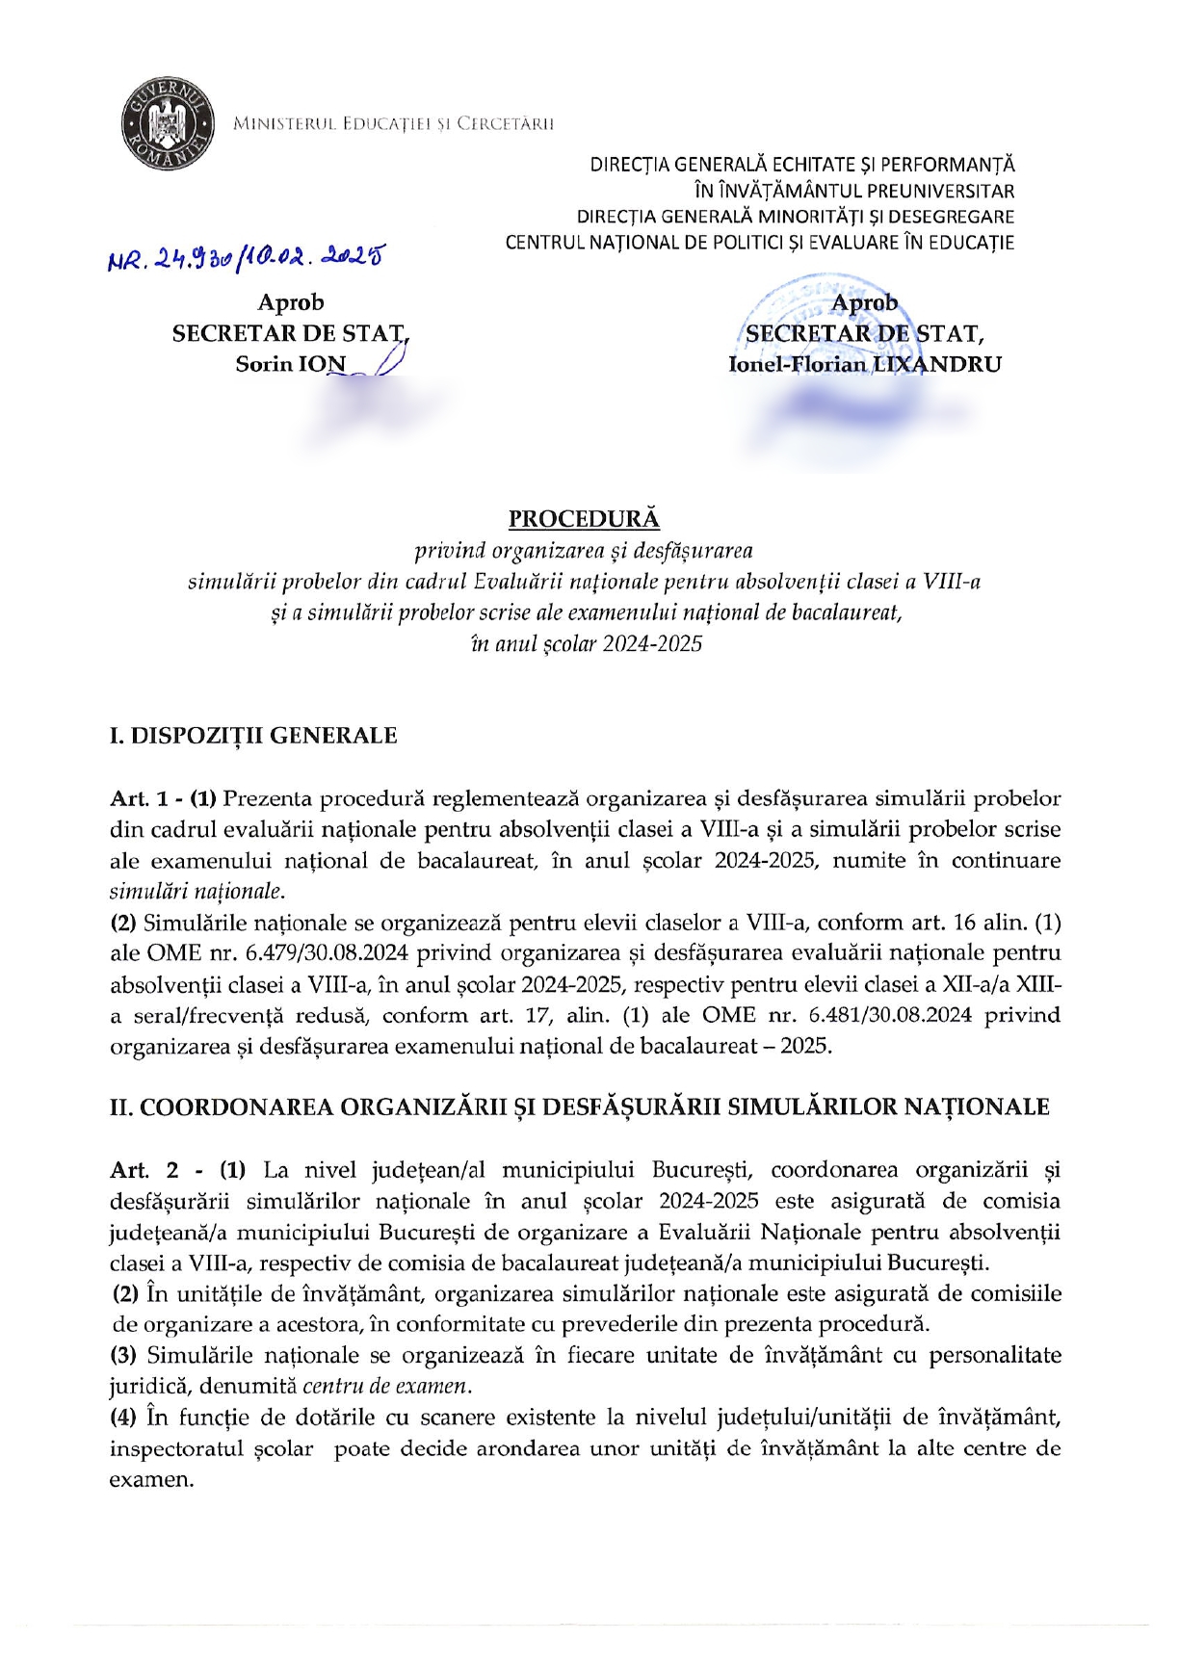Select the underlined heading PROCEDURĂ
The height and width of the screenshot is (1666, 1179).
[584, 519]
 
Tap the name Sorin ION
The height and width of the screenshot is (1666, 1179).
[290, 364]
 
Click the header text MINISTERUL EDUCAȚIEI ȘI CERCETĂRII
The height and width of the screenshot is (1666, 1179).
[394, 123]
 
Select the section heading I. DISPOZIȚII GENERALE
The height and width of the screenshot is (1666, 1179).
[253, 736]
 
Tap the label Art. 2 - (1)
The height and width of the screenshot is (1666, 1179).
[177, 1170]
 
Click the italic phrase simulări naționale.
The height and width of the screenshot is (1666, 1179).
[197, 891]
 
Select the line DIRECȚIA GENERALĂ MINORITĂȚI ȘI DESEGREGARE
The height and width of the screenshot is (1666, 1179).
[795, 217]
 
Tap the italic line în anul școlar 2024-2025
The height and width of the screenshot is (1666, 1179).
[587, 643]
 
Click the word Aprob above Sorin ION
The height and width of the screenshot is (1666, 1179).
[291, 302]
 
